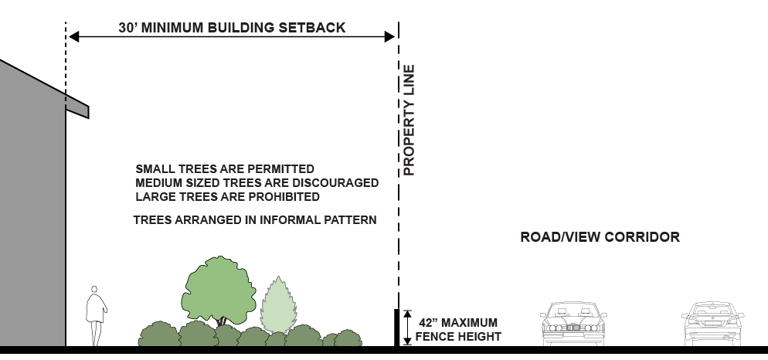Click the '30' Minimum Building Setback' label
[232, 28]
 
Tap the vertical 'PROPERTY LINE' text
[409, 121]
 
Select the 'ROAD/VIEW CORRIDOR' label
[600, 237]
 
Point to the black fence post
[397, 328]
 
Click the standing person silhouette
[96, 315]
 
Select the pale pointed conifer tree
[279, 304]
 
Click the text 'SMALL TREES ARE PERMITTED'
[225, 168]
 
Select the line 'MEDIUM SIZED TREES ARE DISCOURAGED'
[257, 183]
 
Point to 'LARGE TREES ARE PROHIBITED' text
[227, 197]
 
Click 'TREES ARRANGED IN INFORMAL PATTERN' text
[254, 220]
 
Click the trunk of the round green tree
[223, 320]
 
